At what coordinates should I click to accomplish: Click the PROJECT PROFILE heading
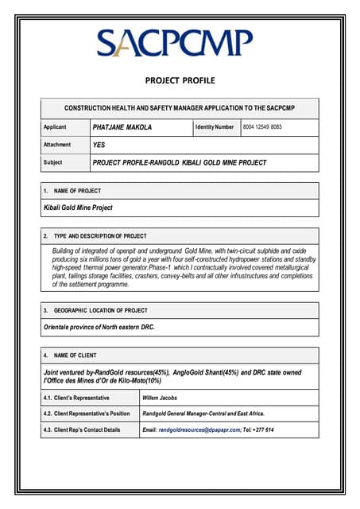click(180, 80)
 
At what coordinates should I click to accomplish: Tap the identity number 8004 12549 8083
click(262, 127)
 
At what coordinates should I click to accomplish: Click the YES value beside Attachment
click(99, 145)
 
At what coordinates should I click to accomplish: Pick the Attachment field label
click(57, 145)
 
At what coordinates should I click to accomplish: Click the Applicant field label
click(55, 127)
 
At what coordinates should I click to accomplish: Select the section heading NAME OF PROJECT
click(76, 191)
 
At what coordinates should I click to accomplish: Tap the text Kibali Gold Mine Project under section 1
click(78, 208)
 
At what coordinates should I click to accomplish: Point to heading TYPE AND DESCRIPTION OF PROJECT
click(99, 236)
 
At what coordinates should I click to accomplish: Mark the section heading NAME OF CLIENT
click(75, 356)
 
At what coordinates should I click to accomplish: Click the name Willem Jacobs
click(160, 396)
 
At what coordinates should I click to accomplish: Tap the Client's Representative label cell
click(76, 396)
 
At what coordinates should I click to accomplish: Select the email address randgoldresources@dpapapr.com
click(199, 430)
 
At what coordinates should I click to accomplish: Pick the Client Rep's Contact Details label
click(81, 430)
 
